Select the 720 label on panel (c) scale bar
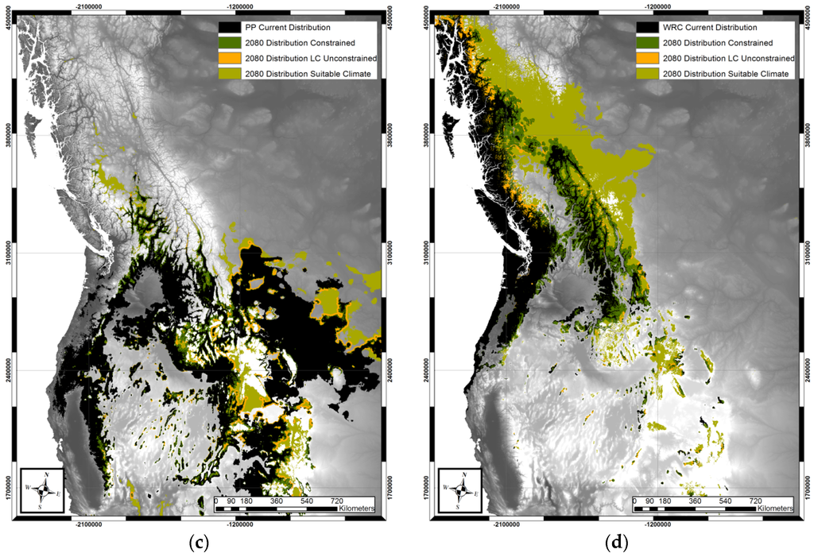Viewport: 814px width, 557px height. (335, 501)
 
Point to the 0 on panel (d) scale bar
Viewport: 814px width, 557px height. (635, 501)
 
